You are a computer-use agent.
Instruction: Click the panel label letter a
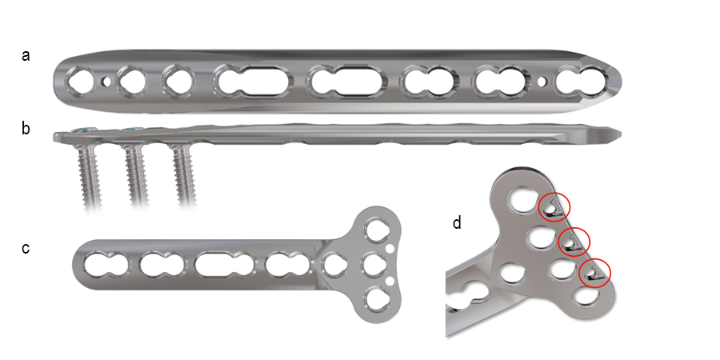pyautogui.click(x=26, y=56)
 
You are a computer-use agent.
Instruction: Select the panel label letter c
pyautogui.click(x=26, y=248)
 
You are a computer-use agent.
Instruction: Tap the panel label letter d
pyautogui.click(x=457, y=222)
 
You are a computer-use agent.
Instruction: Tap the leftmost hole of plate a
pyautogui.click(x=82, y=80)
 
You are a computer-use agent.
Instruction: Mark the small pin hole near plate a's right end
pyautogui.click(x=545, y=81)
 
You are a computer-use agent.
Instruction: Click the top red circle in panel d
pyautogui.click(x=554, y=208)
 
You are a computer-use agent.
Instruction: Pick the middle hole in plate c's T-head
pyautogui.click(x=372, y=264)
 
